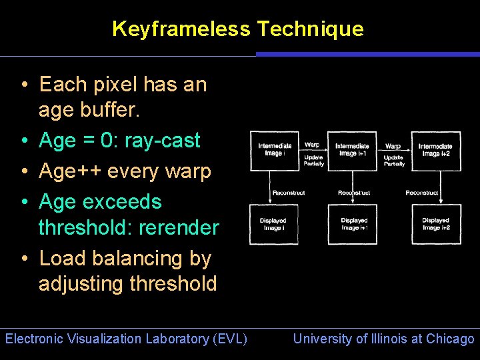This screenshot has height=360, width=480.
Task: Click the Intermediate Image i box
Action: coord(275,150)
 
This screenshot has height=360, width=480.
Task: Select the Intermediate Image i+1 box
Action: coord(352,150)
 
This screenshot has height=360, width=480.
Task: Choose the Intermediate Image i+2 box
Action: coord(435,150)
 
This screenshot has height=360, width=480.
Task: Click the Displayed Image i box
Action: coord(273,224)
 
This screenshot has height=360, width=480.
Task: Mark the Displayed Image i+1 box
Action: coord(353,224)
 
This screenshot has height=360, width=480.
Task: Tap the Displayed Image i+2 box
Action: coord(435,224)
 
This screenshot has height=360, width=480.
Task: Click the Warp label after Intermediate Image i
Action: coord(311,144)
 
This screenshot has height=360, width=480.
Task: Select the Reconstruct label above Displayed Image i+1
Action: coord(353,193)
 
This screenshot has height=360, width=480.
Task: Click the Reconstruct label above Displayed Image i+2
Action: coord(422,193)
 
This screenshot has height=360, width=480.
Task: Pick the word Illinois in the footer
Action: coord(388,339)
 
